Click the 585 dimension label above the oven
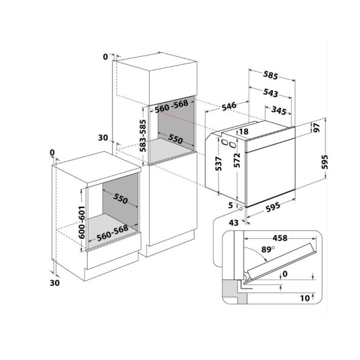270,75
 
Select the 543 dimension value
270,93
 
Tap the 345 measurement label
279,111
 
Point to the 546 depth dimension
229,106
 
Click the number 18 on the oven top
243,132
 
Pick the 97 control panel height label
317,128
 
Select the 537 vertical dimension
219,164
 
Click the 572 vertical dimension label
237,160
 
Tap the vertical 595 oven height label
325,162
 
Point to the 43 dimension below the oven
234,223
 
